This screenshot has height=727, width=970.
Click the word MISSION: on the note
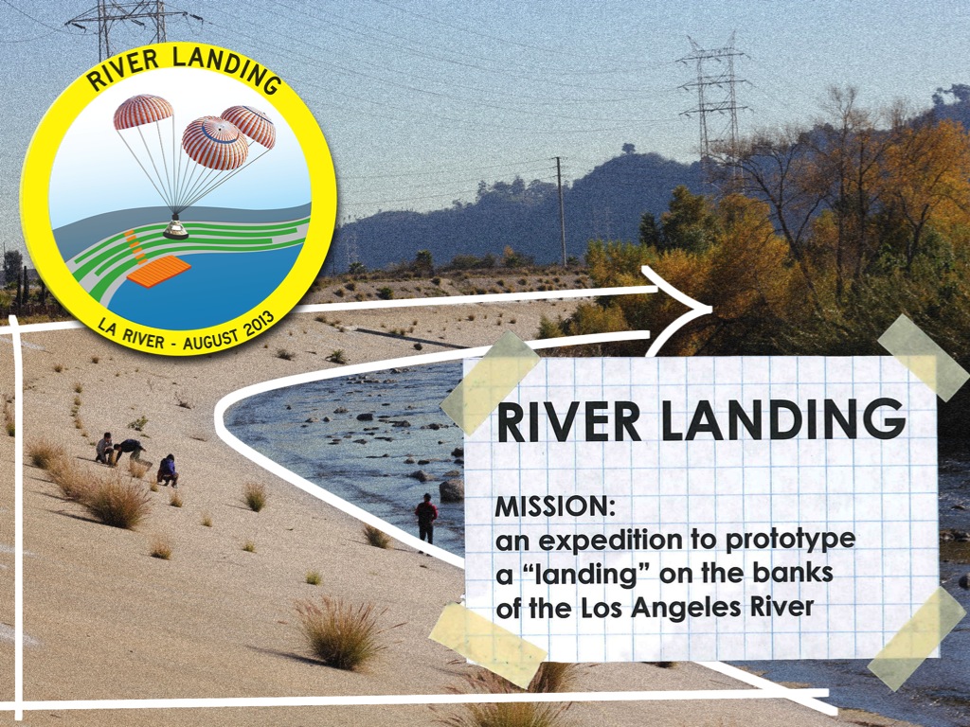click(555, 506)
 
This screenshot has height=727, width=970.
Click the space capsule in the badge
click(175, 228)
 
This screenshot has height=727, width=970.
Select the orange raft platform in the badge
click(159, 272)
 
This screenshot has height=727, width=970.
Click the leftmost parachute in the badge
click(143, 112)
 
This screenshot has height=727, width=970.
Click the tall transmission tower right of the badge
click(713, 105)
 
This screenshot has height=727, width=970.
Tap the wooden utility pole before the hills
click(561, 211)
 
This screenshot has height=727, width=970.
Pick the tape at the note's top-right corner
click(923, 358)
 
